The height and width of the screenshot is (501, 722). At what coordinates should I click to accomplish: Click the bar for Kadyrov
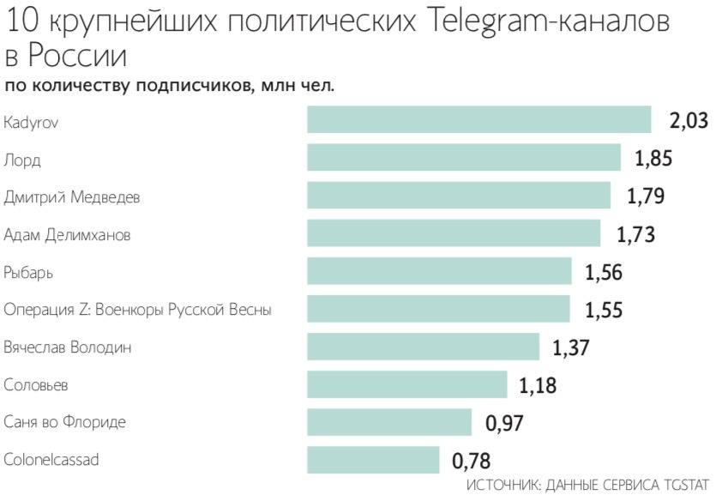click(x=479, y=120)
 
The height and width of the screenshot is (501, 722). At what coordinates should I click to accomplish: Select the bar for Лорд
click(x=464, y=158)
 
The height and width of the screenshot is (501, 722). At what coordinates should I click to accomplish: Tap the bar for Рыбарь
click(x=439, y=271)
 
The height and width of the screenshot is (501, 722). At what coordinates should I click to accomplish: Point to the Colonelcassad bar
click(x=373, y=460)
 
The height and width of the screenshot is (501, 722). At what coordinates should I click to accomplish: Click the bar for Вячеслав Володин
click(x=423, y=347)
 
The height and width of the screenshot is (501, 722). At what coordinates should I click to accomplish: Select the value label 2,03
click(x=689, y=121)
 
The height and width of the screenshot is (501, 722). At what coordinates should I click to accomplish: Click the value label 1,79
click(x=646, y=196)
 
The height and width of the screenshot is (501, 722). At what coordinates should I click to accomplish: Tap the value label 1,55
click(x=604, y=310)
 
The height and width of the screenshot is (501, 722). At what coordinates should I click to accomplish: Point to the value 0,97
click(x=504, y=423)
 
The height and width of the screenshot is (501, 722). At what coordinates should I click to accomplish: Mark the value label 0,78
click(x=472, y=461)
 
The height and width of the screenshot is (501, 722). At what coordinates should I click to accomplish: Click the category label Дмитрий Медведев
click(x=72, y=197)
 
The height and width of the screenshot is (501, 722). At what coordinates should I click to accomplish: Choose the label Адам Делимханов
click(x=67, y=235)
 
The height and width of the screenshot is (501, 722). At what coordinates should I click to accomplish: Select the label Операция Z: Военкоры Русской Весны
click(x=137, y=311)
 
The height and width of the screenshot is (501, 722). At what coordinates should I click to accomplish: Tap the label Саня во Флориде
click(x=64, y=423)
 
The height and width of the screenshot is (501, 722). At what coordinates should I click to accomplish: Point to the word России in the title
click(x=77, y=57)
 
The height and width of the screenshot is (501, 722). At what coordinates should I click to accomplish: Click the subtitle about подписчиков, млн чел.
click(x=170, y=86)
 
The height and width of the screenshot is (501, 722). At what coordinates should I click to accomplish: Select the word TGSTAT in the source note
click(x=681, y=485)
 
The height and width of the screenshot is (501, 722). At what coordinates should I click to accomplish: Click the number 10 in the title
click(x=21, y=22)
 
